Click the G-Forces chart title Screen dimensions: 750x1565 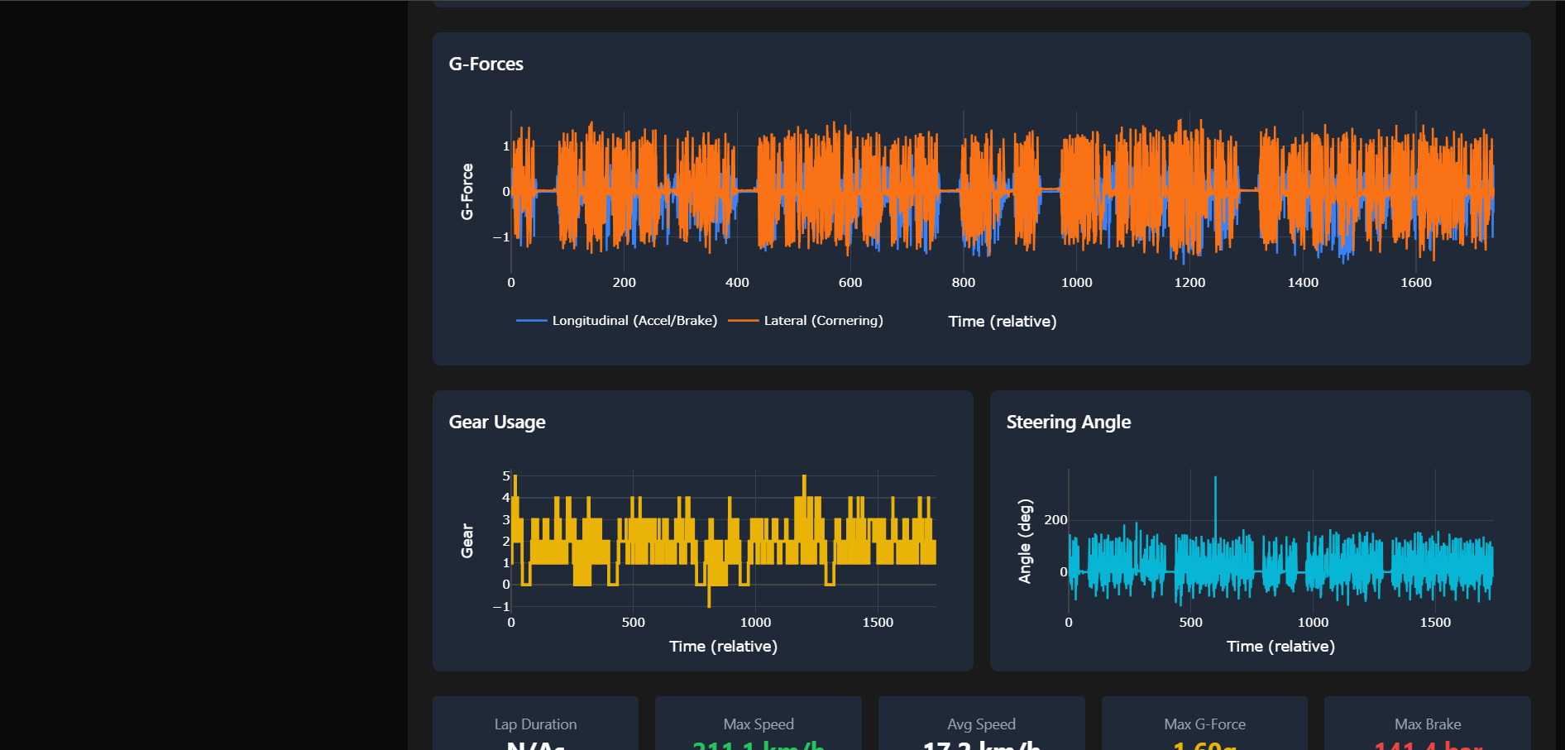486,64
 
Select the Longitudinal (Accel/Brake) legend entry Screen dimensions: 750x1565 634,320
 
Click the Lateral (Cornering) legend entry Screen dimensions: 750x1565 822,320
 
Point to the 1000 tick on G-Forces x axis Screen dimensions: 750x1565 1076,283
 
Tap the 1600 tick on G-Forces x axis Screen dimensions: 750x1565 1415,283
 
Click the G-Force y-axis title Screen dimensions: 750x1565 467,191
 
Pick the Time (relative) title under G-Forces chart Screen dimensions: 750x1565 1002,322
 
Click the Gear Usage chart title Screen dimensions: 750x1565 496,422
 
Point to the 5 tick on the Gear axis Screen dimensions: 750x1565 506,476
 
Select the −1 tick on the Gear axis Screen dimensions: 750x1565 502,607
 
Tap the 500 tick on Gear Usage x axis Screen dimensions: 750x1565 633,623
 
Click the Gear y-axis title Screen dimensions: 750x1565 467,541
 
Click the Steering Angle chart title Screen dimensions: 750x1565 1068,422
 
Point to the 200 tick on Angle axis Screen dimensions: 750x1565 1055,520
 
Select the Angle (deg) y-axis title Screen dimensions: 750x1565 1025,541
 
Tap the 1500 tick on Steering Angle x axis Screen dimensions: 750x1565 1434,623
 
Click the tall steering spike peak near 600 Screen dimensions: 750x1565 1215,478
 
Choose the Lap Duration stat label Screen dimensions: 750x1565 535,724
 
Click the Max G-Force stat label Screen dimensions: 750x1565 1204,724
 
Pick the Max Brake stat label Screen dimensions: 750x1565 1427,724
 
